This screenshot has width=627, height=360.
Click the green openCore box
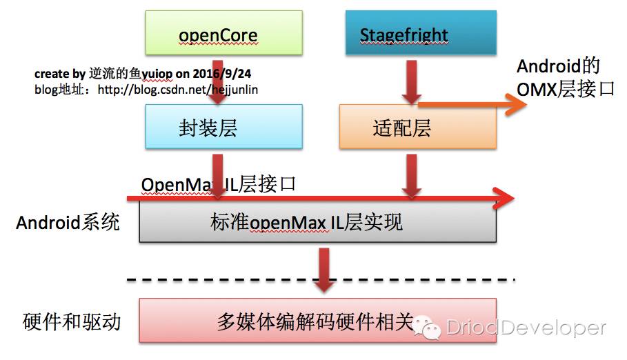pyautogui.click(x=224, y=33)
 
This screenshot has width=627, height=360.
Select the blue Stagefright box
pyautogui.click(x=421, y=33)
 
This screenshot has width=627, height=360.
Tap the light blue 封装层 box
pyautogui.click(x=224, y=127)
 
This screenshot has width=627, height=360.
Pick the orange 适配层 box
pyautogui.click(x=418, y=127)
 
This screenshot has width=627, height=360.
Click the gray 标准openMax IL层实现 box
pyautogui.click(x=318, y=221)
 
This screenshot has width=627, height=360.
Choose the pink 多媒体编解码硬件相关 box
pyautogui.click(x=318, y=321)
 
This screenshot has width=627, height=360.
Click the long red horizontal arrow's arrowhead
pyautogui.click(x=504, y=198)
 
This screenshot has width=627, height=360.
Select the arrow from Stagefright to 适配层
pyautogui.click(x=412, y=82)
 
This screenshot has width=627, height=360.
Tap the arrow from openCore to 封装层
pyautogui.click(x=217, y=82)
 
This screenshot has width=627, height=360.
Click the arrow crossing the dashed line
pyautogui.click(x=324, y=270)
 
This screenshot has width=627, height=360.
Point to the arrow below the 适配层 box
pyautogui.click(x=412, y=177)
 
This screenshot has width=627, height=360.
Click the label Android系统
pyautogui.click(x=68, y=222)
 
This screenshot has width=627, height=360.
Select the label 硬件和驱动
pyautogui.click(x=72, y=321)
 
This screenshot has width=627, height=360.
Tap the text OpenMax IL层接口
pyautogui.click(x=219, y=184)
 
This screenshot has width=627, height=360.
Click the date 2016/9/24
pyautogui.click(x=222, y=74)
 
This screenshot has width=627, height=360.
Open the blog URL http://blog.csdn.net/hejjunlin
pyautogui.click(x=178, y=90)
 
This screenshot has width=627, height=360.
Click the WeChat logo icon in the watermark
pyautogui.click(x=427, y=327)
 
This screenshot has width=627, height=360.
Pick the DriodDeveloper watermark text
pyautogui.click(x=526, y=328)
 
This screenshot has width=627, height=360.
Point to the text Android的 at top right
pyautogui.click(x=558, y=66)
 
